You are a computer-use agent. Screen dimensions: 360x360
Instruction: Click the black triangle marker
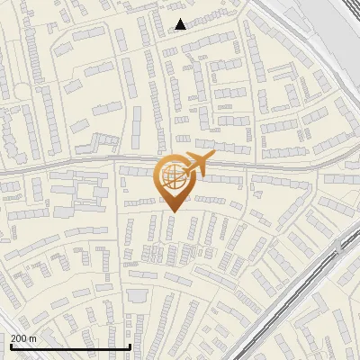coord(181,23)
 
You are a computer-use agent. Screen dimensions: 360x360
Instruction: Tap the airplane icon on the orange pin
coord(197,164)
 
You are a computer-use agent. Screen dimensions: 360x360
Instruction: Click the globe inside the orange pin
coord(173,177)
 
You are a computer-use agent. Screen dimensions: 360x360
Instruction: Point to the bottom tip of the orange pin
coord(173,212)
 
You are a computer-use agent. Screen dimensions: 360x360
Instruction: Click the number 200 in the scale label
coord(19,338)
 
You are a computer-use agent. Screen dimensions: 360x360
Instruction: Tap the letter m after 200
coord(32,338)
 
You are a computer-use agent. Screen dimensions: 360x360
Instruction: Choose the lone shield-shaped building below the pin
coord(137,296)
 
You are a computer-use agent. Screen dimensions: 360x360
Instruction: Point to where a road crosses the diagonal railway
coord(336,245)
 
